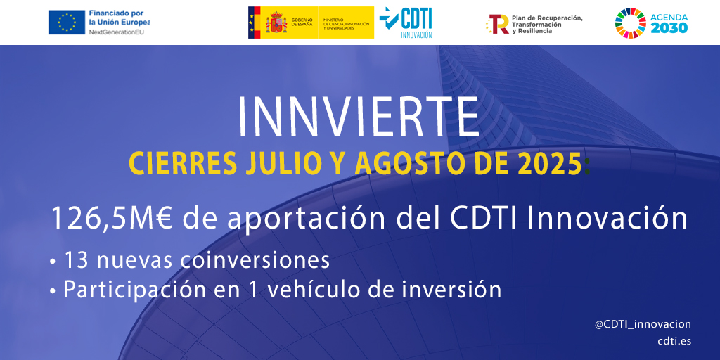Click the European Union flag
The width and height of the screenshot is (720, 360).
[x=67, y=22]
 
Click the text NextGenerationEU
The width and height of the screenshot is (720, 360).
[x=117, y=32]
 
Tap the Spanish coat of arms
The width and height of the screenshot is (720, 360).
[x=275, y=22]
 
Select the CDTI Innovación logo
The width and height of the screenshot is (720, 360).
[x=406, y=22]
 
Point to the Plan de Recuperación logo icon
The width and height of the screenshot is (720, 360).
[x=498, y=24]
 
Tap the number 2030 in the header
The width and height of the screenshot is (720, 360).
[x=669, y=28]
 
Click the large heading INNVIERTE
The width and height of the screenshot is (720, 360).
[x=359, y=115]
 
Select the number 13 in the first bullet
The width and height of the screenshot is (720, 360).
[x=75, y=260]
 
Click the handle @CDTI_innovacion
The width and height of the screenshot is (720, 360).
[x=643, y=324]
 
